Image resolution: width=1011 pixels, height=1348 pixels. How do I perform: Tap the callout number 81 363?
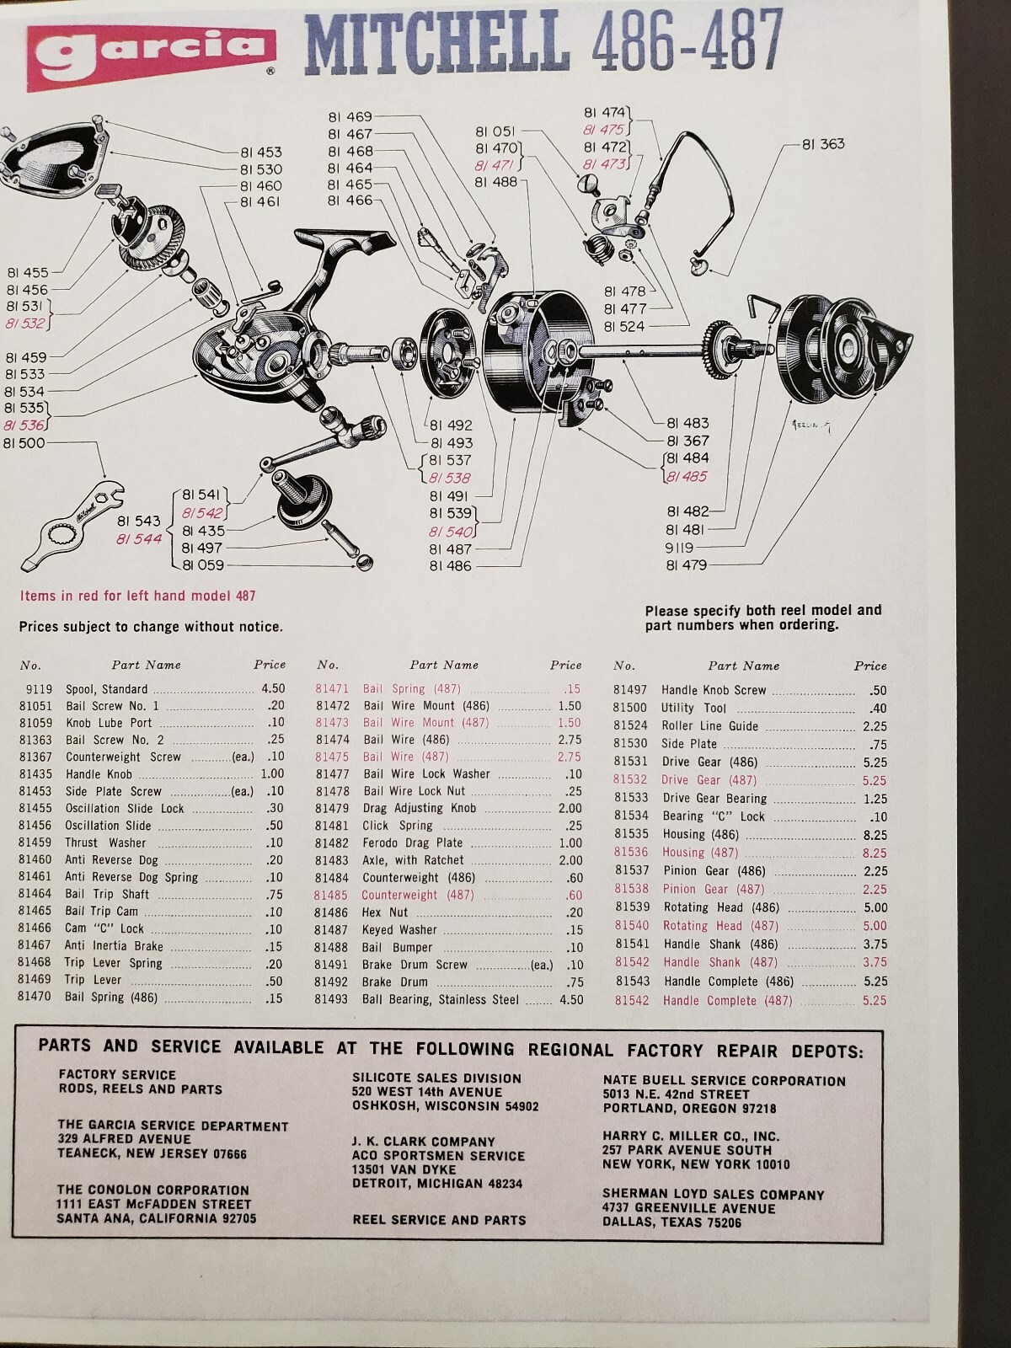tap(822, 144)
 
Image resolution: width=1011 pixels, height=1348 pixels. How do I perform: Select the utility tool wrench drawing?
tap(76, 526)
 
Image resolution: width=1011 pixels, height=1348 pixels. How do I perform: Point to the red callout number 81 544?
tap(139, 539)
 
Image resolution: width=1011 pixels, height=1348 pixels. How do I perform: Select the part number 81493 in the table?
tap(330, 999)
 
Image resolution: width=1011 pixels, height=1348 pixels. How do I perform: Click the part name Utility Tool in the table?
tap(693, 708)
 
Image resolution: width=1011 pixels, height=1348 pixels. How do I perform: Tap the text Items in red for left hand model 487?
tap(137, 596)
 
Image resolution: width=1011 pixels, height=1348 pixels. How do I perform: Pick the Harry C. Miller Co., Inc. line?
tap(690, 1137)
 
